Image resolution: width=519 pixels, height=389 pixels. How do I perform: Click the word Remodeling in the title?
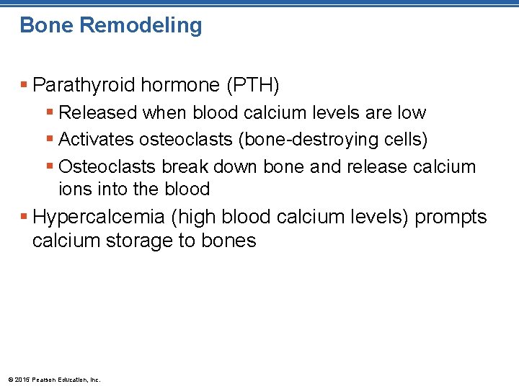(141, 25)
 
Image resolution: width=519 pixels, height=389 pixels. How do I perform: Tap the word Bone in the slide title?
(47, 25)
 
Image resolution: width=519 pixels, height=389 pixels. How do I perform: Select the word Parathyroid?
(84, 86)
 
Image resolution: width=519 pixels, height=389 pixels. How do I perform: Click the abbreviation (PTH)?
(252, 86)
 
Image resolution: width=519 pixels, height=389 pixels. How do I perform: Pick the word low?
(412, 113)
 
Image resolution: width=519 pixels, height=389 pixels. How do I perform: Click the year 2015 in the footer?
(22, 380)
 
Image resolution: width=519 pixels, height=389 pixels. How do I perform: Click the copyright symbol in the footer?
(9, 380)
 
